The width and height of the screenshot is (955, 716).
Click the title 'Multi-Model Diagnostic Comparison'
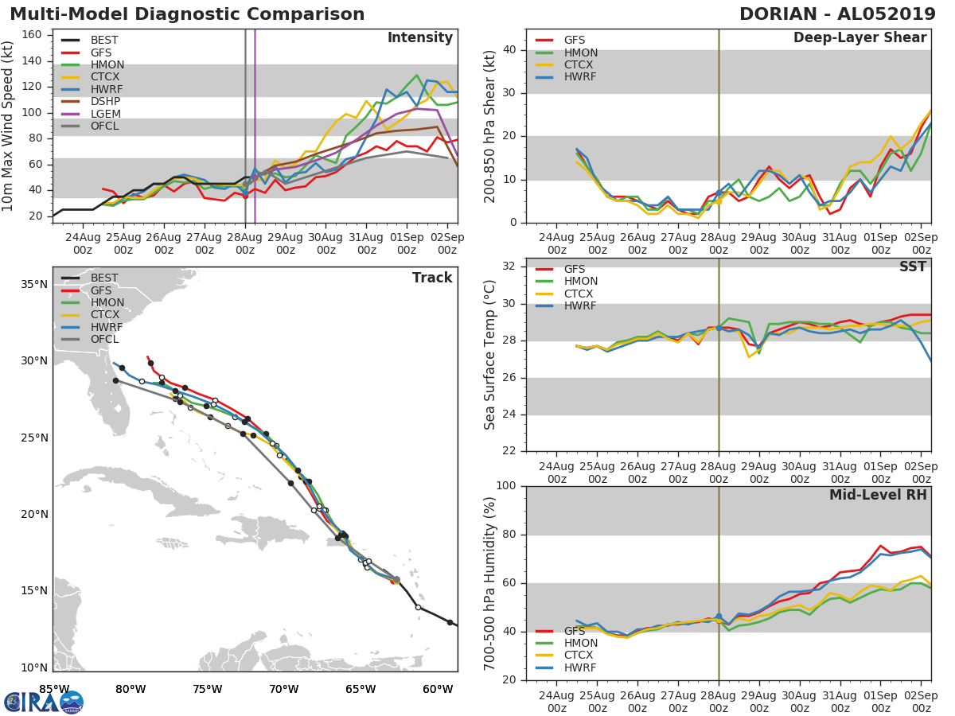tap(187, 14)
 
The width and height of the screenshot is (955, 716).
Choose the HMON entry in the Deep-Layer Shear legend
tap(580, 53)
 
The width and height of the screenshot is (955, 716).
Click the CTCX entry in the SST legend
tap(580, 294)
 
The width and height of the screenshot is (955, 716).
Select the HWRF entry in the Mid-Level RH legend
tap(580, 667)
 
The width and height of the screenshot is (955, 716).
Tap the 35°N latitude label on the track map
tap(33, 284)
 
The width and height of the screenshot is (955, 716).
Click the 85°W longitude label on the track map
tap(53, 689)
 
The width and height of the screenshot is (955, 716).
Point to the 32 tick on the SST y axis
tap(511, 267)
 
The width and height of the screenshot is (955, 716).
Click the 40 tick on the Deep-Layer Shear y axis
tap(511, 49)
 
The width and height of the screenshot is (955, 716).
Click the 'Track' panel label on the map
tap(431, 278)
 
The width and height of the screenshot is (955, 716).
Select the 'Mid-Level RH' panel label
tap(878, 495)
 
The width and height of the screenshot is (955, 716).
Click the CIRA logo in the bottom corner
tap(44, 702)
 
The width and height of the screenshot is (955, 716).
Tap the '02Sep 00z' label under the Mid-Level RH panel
tap(921, 702)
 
